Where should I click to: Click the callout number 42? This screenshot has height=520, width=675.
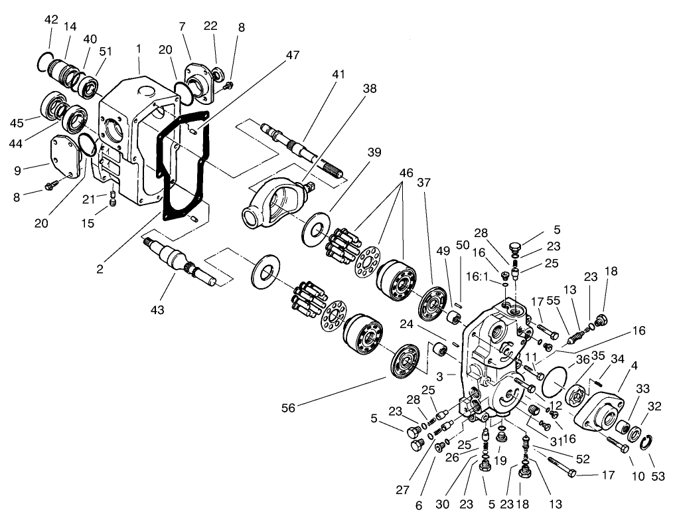[x=51, y=19]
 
